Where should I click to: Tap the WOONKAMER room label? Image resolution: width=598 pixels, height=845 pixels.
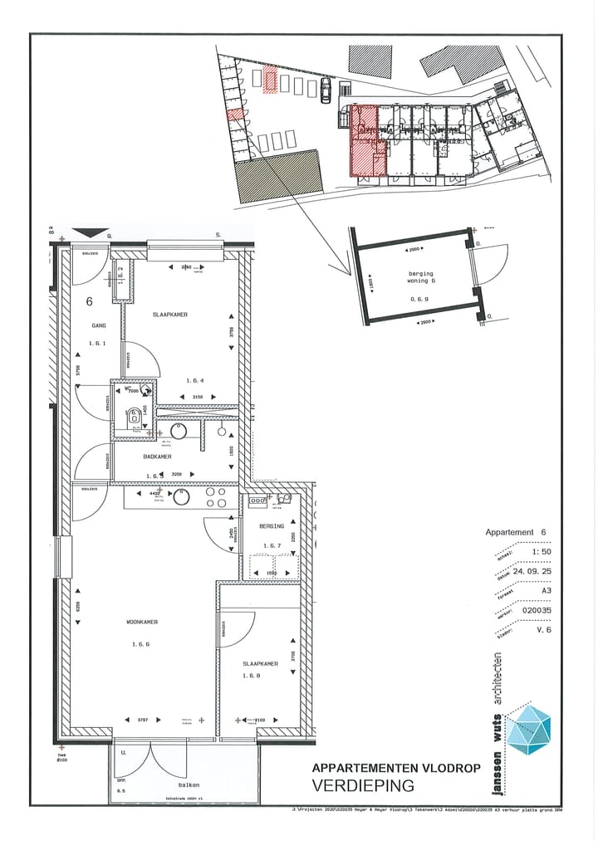[x=142, y=622]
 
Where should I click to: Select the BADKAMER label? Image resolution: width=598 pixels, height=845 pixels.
[x=156, y=457]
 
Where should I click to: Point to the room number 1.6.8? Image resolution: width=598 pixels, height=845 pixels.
[x=251, y=676]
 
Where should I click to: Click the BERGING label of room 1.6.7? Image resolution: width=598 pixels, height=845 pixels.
[x=272, y=526]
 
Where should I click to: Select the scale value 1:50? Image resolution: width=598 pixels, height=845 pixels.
[x=541, y=551]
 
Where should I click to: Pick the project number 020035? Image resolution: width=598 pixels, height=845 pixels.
[x=537, y=610]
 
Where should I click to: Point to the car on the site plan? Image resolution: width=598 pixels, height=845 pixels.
[x=326, y=90]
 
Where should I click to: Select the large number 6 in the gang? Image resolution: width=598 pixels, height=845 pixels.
[x=88, y=301]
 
